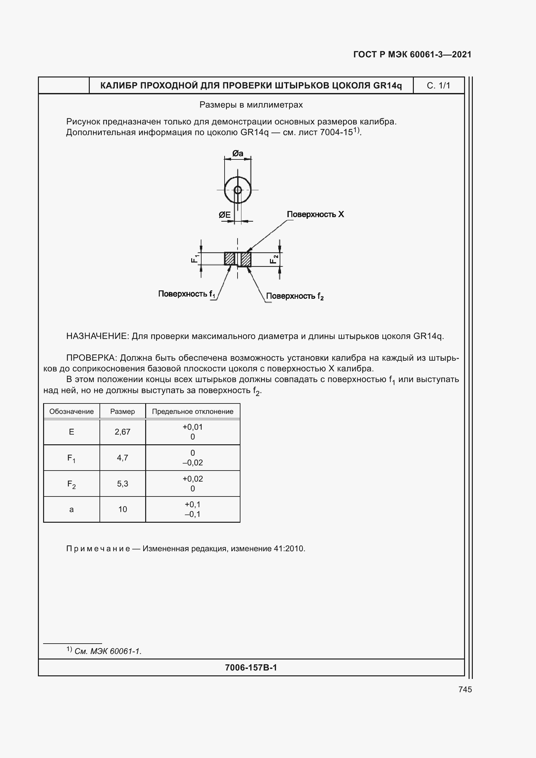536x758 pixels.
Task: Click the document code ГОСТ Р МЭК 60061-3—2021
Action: (412, 54)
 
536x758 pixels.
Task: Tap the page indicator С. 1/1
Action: (438, 86)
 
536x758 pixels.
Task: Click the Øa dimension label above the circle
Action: (238, 154)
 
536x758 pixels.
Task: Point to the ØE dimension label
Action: (225, 215)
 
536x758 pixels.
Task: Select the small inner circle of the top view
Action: (238, 190)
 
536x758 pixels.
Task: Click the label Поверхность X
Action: (315, 214)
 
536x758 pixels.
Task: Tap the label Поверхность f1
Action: (186, 294)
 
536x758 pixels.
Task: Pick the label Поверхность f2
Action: (294, 296)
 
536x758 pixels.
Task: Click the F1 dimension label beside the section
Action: (195, 259)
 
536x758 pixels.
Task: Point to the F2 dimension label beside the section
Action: (274, 259)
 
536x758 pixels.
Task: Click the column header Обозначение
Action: (71, 411)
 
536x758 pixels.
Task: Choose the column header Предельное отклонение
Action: (192, 411)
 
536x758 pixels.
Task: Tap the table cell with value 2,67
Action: (122, 432)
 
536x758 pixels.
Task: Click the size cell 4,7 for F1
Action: (122, 458)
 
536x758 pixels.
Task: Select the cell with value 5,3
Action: (122, 484)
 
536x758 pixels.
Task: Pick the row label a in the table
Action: (71, 509)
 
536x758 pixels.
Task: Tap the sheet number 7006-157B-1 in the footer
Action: (251, 668)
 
